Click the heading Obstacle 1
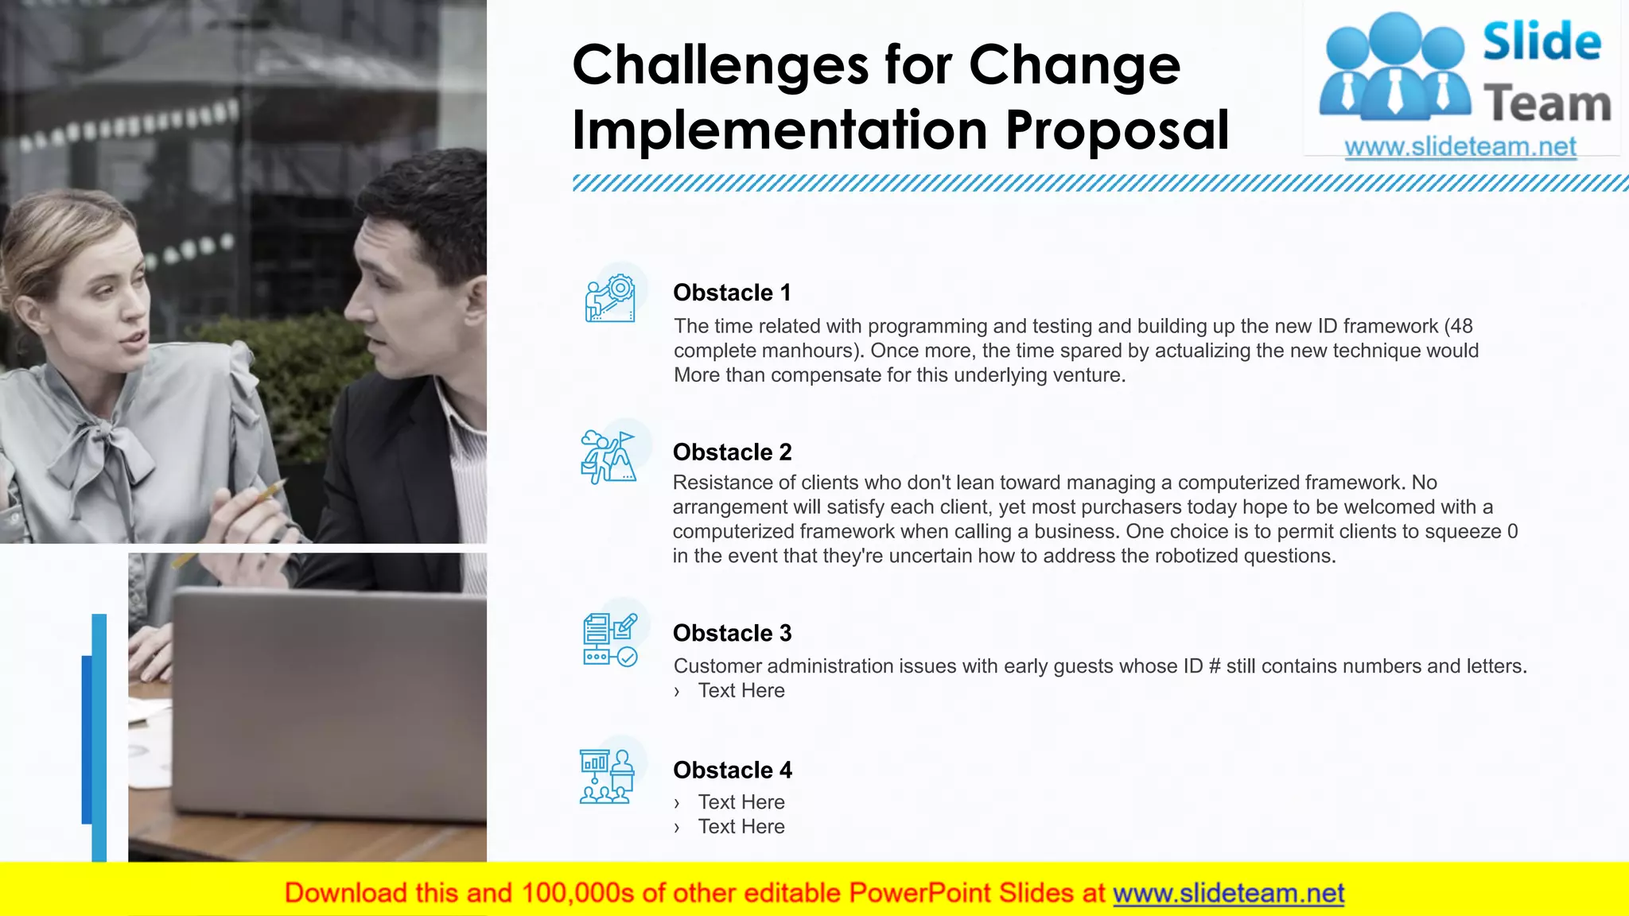[732, 293]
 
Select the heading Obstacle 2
[732, 452]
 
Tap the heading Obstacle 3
[732, 633]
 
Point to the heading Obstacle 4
[732, 770]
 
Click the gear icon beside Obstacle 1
[611, 298]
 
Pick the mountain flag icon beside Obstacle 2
[608, 456]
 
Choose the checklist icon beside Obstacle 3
[610, 639]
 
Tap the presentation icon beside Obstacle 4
[608, 776]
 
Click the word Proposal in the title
[1117, 130]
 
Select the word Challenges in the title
[720, 65]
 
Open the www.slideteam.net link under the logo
[1460, 147]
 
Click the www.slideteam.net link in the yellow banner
[1228, 894]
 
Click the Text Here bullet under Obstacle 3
[741, 691]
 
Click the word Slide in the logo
[1542, 41]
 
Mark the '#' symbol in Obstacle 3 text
[1215, 666]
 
